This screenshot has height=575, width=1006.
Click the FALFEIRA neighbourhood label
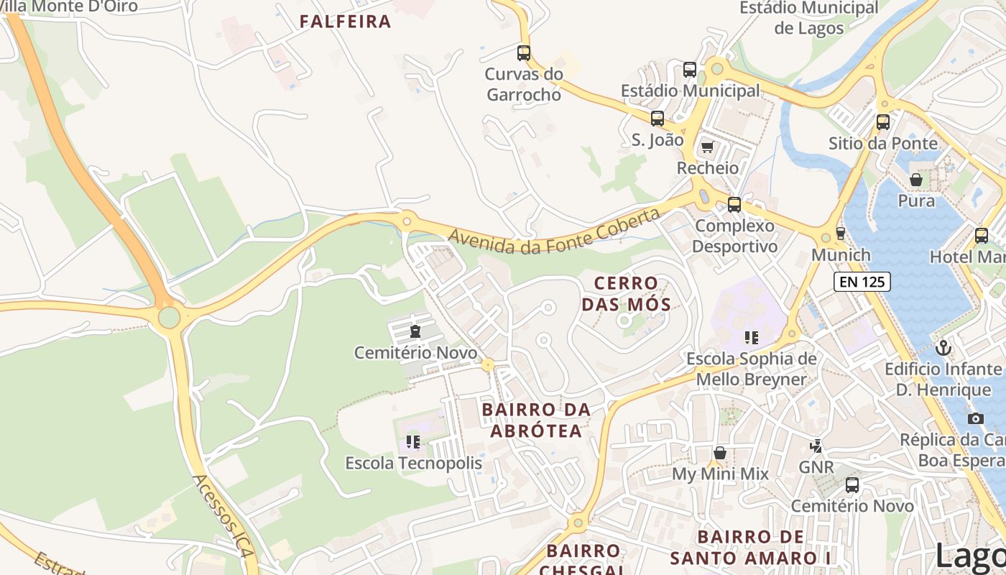(x=345, y=22)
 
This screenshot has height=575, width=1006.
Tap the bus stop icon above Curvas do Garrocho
(x=524, y=52)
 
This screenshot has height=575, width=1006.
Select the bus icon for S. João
(x=657, y=119)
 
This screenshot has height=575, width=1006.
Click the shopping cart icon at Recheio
(x=708, y=147)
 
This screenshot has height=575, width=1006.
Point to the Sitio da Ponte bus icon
(x=883, y=122)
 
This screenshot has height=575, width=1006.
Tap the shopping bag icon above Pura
(x=916, y=179)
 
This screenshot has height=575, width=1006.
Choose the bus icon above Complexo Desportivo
(x=734, y=205)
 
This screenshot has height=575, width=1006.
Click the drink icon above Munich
(x=840, y=234)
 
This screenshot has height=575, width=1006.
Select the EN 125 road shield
(x=862, y=282)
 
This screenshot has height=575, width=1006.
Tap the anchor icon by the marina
(x=943, y=349)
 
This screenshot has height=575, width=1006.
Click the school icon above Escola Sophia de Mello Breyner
(x=752, y=337)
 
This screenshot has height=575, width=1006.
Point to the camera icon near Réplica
(x=976, y=418)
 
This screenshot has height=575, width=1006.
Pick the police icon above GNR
(x=816, y=446)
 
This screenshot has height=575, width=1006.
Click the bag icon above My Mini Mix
(x=720, y=453)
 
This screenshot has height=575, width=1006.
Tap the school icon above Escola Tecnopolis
(x=413, y=441)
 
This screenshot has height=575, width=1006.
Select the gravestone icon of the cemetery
(x=415, y=331)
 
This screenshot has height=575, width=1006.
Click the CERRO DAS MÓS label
(x=626, y=293)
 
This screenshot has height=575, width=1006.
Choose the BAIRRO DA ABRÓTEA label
(x=536, y=420)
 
